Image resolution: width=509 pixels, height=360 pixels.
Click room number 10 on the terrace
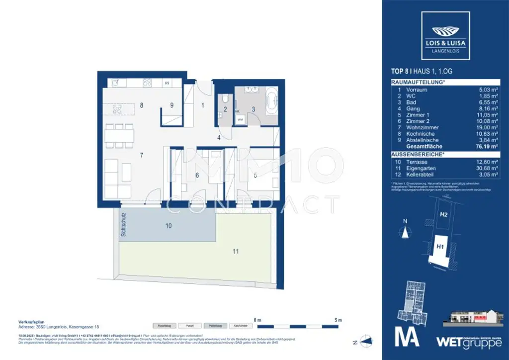pyautogui.click(x=169, y=226)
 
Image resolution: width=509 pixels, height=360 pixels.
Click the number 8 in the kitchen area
pyautogui.click(x=142, y=105)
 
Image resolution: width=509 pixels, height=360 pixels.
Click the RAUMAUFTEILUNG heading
pyautogui.click(x=418, y=82)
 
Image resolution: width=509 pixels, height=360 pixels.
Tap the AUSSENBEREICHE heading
pyautogui.click(x=418, y=155)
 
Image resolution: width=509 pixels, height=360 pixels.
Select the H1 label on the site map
pyautogui.click(x=440, y=246)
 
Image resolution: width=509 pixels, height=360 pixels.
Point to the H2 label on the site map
pyautogui.click(x=444, y=215)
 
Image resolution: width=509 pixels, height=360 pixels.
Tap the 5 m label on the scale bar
pyautogui.click(x=339, y=320)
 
